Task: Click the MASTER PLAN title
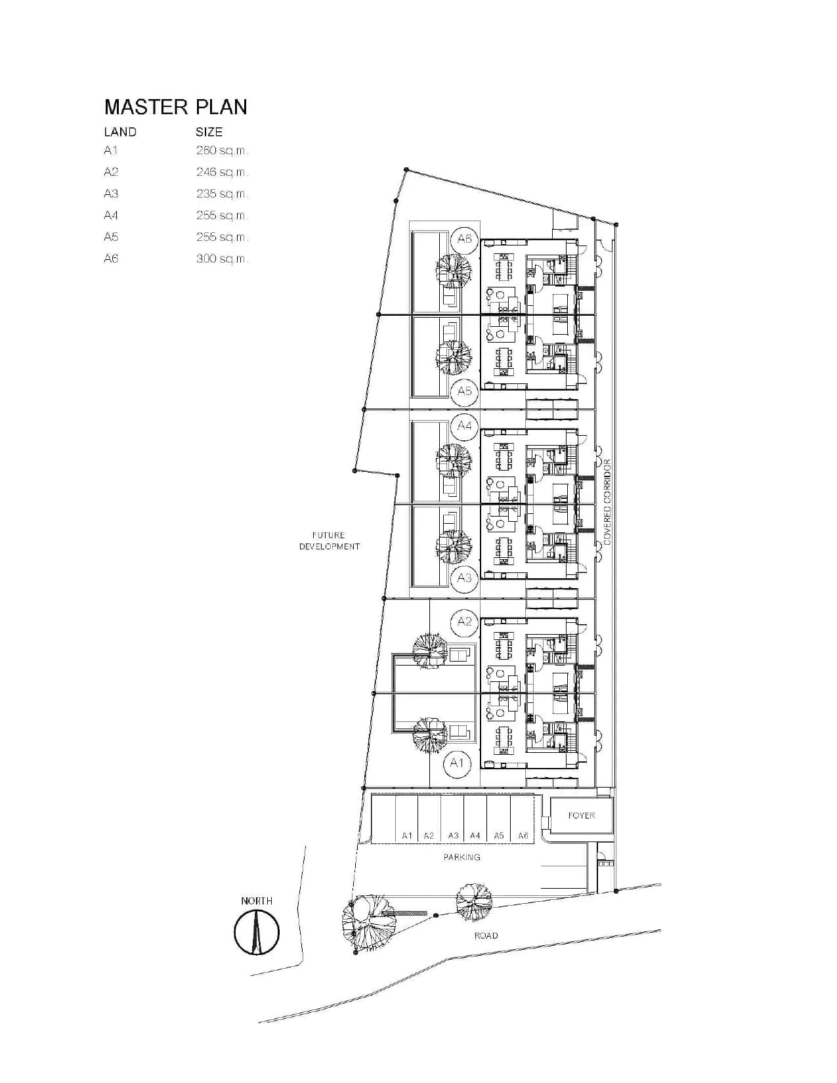175,107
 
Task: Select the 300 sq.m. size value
222,259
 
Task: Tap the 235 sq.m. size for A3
222,194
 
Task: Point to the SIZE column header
209,132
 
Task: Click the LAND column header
120,132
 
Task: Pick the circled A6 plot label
464,239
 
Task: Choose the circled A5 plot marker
464,391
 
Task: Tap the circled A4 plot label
464,425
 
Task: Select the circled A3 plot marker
464,578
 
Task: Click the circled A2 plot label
464,622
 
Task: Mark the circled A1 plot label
457,763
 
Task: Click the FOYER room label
581,815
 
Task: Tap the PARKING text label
462,857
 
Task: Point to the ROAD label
486,935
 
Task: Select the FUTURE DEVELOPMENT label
329,541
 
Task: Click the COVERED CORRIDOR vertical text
607,501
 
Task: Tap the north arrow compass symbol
257,933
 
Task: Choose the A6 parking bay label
523,836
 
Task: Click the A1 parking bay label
407,836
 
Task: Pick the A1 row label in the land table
111,150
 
